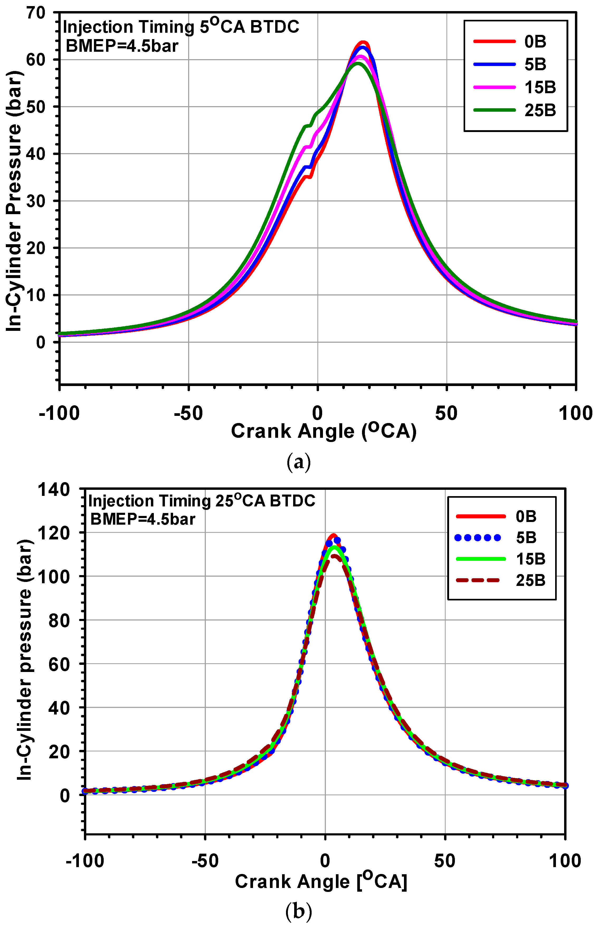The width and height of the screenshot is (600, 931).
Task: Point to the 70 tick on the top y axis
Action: [x=36, y=13]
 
